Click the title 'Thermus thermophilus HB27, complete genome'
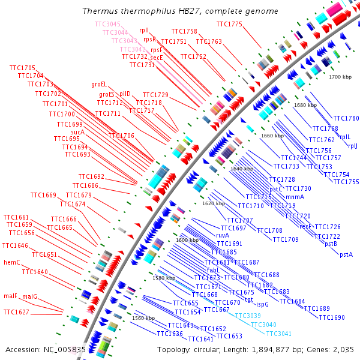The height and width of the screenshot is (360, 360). pos(180,11)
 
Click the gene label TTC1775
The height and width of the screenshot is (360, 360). pos(229,24)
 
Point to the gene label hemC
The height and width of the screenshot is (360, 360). pos(12,262)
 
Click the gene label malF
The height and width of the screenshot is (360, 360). pos(10,296)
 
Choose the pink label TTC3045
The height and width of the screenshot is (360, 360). pos(107,24)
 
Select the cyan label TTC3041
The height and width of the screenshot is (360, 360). pos(278,334)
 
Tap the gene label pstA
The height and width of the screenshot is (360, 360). pos(346,254)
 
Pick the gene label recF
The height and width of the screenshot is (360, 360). pos(305,226)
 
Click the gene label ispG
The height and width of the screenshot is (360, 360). pos(262,305)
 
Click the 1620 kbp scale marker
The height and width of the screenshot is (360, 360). pos(214,203)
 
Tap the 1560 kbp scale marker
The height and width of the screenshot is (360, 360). pos(144,318)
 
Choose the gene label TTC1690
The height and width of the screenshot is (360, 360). pos(332,317)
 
